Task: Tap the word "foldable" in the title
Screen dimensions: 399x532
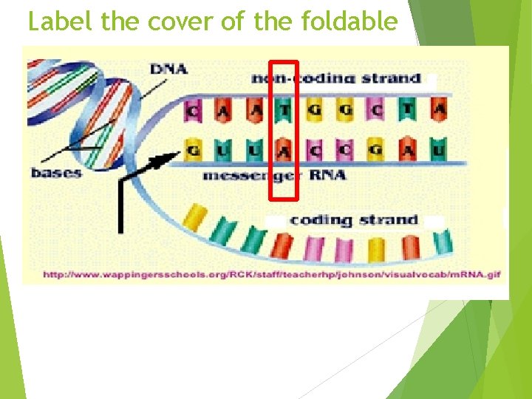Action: click(x=350, y=22)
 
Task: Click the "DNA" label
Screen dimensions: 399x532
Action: click(x=168, y=69)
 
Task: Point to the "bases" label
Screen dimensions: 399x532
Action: click(x=56, y=173)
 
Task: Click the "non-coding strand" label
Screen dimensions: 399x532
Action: click(x=336, y=78)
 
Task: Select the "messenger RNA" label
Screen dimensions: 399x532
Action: click(x=274, y=176)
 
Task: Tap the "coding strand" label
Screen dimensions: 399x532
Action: click(x=354, y=219)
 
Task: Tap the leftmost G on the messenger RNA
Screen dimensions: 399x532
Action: click(x=194, y=151)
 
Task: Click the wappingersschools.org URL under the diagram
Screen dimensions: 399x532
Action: click(x=271, y=275)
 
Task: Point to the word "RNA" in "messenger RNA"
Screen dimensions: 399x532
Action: click(x=327, y=176)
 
